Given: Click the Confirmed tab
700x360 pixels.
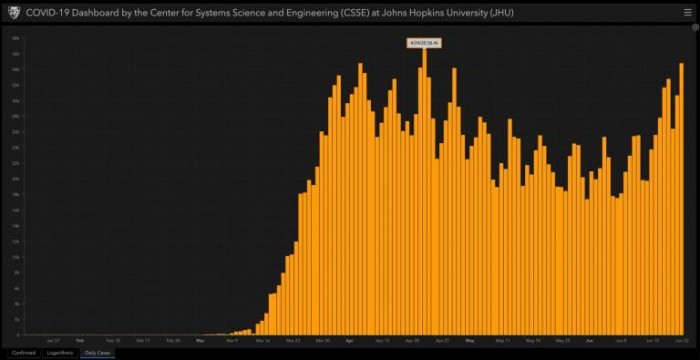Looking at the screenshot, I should pos(24,353).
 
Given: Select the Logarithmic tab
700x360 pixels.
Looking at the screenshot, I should pos(60,353).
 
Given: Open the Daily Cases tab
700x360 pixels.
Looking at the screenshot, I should pos(98,353).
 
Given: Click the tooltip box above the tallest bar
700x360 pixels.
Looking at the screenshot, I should pos(424,42).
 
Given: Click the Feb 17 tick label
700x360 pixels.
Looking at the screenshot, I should pos(143,340).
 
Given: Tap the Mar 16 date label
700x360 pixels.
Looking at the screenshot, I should pos(263,340).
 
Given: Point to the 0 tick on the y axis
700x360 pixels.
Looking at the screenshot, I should pos(18,334).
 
